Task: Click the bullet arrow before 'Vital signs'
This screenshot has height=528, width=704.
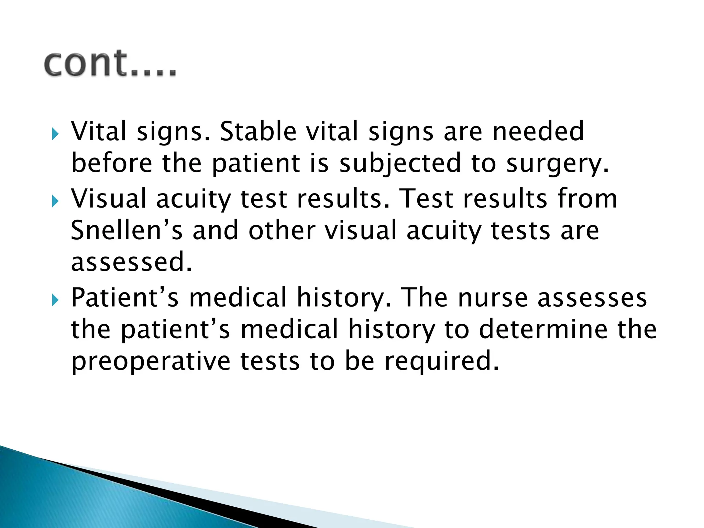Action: point(55,134)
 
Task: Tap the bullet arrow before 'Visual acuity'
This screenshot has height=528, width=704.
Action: point(55,201)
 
